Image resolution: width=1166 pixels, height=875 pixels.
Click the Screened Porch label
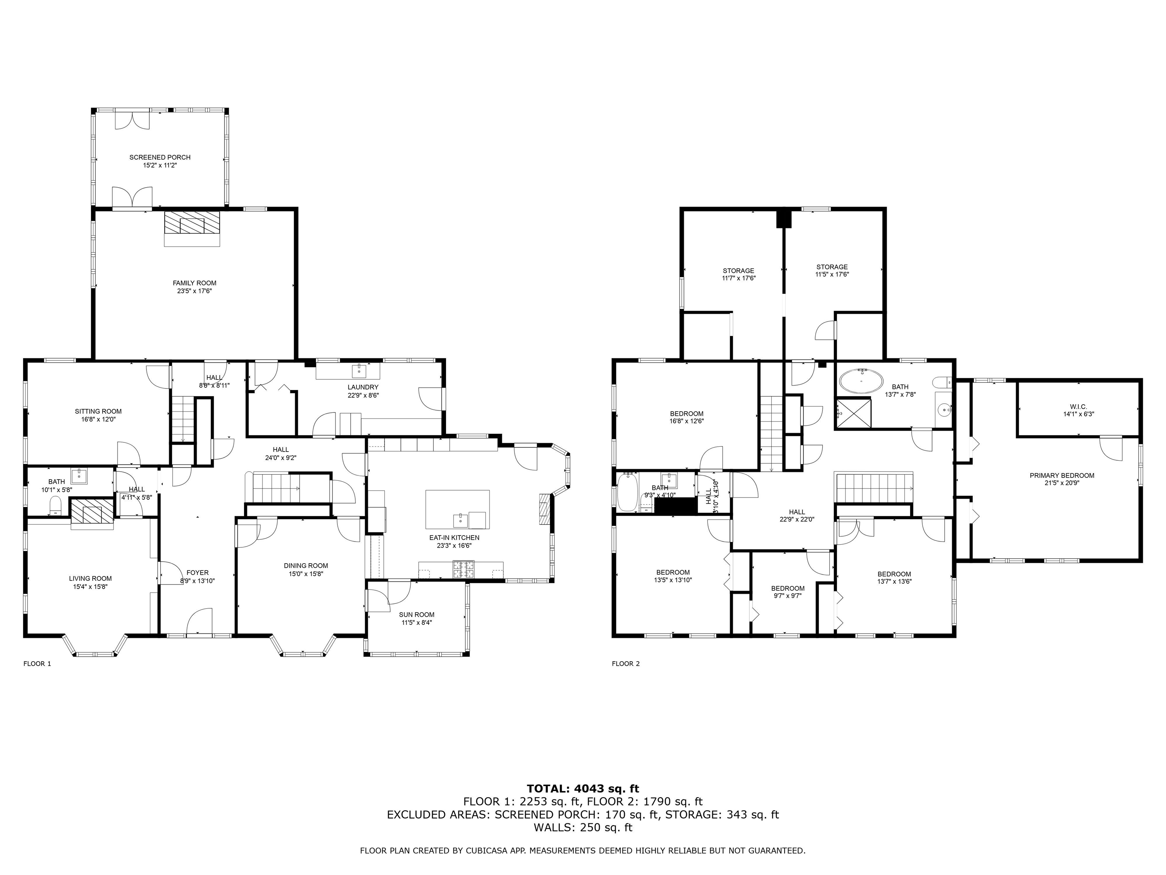pyautogui.click(x=160, y=157)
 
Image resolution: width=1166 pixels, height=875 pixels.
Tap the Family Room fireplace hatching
pyautogui.click(x=192, y=224)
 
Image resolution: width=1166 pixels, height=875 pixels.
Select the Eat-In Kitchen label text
pyautogui.click(x=454, y=537)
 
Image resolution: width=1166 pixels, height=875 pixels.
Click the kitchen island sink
pyautogui.click(x=461, y=520)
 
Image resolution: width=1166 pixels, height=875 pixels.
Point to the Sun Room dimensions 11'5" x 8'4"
pyautogui.click(x=416, y=622)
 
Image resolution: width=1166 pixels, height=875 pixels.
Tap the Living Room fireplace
pyautogui.click(x=92, y=512)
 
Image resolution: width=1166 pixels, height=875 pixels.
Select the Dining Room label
pyautogui.click(x=306, y=565)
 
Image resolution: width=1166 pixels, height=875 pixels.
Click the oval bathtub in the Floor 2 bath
pyautogui.click(x=861, y=381)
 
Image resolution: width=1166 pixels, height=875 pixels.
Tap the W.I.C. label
pyautogui.click(x=1078, y=407)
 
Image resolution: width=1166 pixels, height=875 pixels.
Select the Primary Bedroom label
pyautogui.click(x=1062, y=475)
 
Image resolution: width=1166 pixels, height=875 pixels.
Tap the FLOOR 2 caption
pyautogui.click(x=625, y=663)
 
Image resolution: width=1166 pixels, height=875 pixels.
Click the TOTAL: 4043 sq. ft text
pyautogui.click(x=583, y=788)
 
